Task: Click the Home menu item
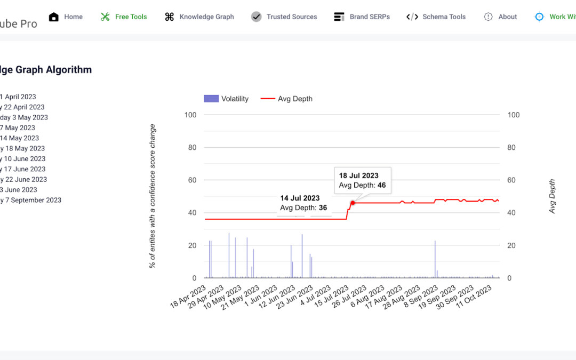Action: pyautogui.click(x=66, y=17)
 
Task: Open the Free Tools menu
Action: pyautogui.click(x=124, y=17)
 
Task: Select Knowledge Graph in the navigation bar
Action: pyautogui.click(x=199, y=17)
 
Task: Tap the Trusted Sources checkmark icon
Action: pyautogui.click(x=257, y=17)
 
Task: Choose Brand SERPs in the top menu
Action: pyautogui.click(x=362, y=17)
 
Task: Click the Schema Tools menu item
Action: pyautogui.click(x=436, y=17)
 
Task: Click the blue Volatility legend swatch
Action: pyautogui.click(x=211, y=99)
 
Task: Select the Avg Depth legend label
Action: pyautogui.click(x=295, y=99)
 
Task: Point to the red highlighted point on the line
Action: pyautogui.click(x=353, y=203)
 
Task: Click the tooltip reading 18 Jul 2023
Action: pyautogui.click(x=363, y=181)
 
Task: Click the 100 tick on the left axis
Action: pyautogui.click(x=190, y=115)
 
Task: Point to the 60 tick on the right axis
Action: pyautogui.click(x=513, y=180)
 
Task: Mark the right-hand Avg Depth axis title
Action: pyautogui.click(x=552, y=196)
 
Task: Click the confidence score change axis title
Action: pyautogui.click(x=153, y=196)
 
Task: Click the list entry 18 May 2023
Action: pyautogui.click(x=23, y=148)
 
